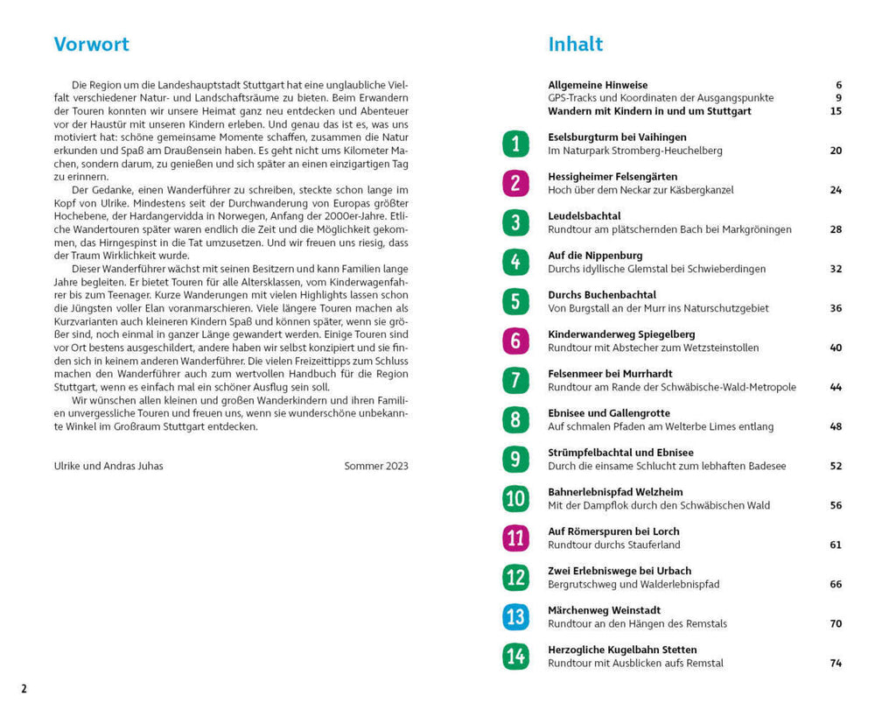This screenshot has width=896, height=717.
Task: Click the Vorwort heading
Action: coord(91,45)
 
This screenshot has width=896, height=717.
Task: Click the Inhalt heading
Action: coord(575,45)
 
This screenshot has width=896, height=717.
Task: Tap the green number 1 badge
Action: coord(515,144)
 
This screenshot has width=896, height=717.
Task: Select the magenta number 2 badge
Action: coord(515,183)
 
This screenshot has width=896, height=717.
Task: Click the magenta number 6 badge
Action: coord(515,341)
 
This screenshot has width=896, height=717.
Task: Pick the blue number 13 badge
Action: coord(515,616)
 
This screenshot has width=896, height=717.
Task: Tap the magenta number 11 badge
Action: coord(515,538)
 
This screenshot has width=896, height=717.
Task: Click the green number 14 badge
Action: coord(515,656)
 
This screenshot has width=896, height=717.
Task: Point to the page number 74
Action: coord(835,664)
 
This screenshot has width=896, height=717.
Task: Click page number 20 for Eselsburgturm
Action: coord(835,151)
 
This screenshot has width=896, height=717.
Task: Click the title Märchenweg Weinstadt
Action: coord(604,610)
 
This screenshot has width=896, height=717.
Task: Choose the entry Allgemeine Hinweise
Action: coord(598,85)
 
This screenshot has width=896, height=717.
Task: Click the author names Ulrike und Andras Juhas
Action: coord(108,466)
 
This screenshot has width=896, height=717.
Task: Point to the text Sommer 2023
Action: coord(375,466)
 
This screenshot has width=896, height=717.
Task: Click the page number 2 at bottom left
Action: coord(24,689)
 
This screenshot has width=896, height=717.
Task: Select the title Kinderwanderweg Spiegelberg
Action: coord(621,334)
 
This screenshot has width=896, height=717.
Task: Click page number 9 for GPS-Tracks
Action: coord(837,98)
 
